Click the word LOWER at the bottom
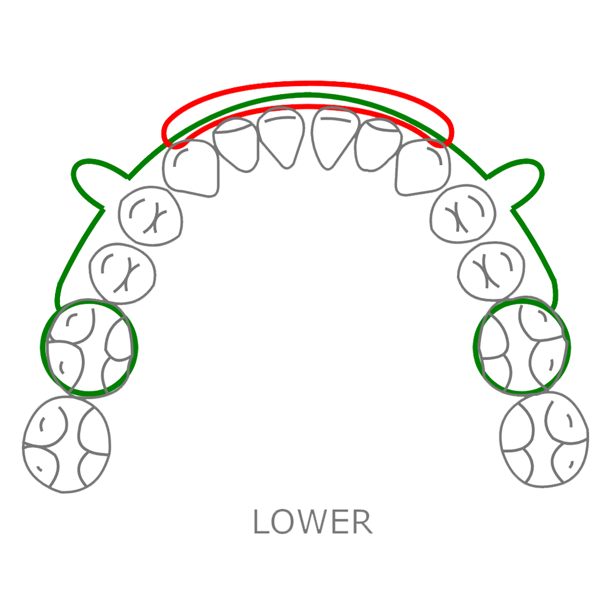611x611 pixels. [x=321, y=522]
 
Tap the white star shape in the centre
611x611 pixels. [x=305, y=335]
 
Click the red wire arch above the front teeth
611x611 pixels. [x=309, y=85]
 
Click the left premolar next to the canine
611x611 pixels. [x=150, y=217]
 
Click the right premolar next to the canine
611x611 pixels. [x=461, y=214]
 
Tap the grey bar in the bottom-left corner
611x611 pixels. [x=56, y=522]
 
